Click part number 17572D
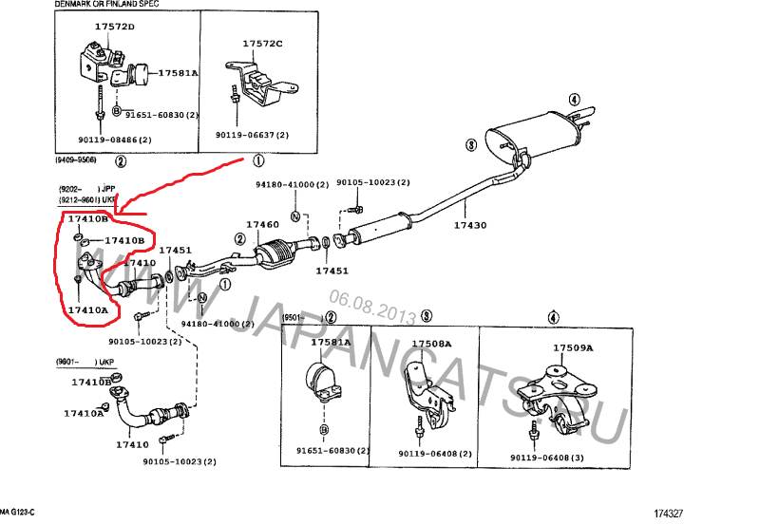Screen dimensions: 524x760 (x=108, y=28)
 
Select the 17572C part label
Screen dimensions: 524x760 (x=262, y=45)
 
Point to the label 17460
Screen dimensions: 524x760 (x=262, y=225)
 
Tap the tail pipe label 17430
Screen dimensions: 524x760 (x=469, y=225)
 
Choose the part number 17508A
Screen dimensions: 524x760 (x=431, y=343)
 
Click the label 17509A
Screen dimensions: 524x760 (x=573, y=348)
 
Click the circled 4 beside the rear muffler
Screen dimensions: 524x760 (x=574, y=99)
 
